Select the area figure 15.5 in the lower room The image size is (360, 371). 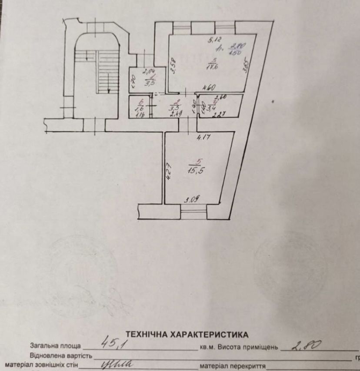[x=194, y=171]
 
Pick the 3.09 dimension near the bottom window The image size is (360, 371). [x=192, y=200]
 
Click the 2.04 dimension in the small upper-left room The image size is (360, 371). [x=149, y=71]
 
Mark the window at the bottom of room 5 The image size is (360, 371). [x=193, y=212]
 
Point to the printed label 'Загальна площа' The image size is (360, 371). [x=55, y=346]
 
